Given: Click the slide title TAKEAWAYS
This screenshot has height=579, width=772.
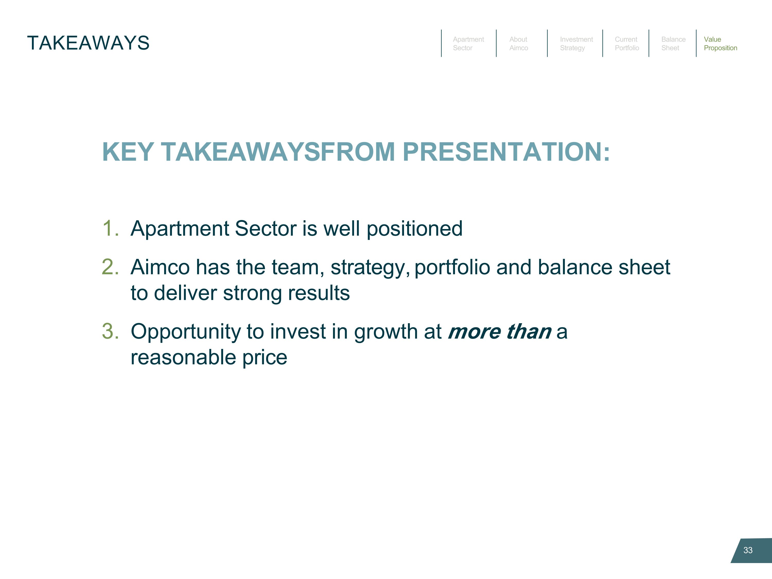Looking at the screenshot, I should (x=88, y=43).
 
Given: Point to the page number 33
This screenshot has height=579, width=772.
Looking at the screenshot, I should (x=748, y=550).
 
